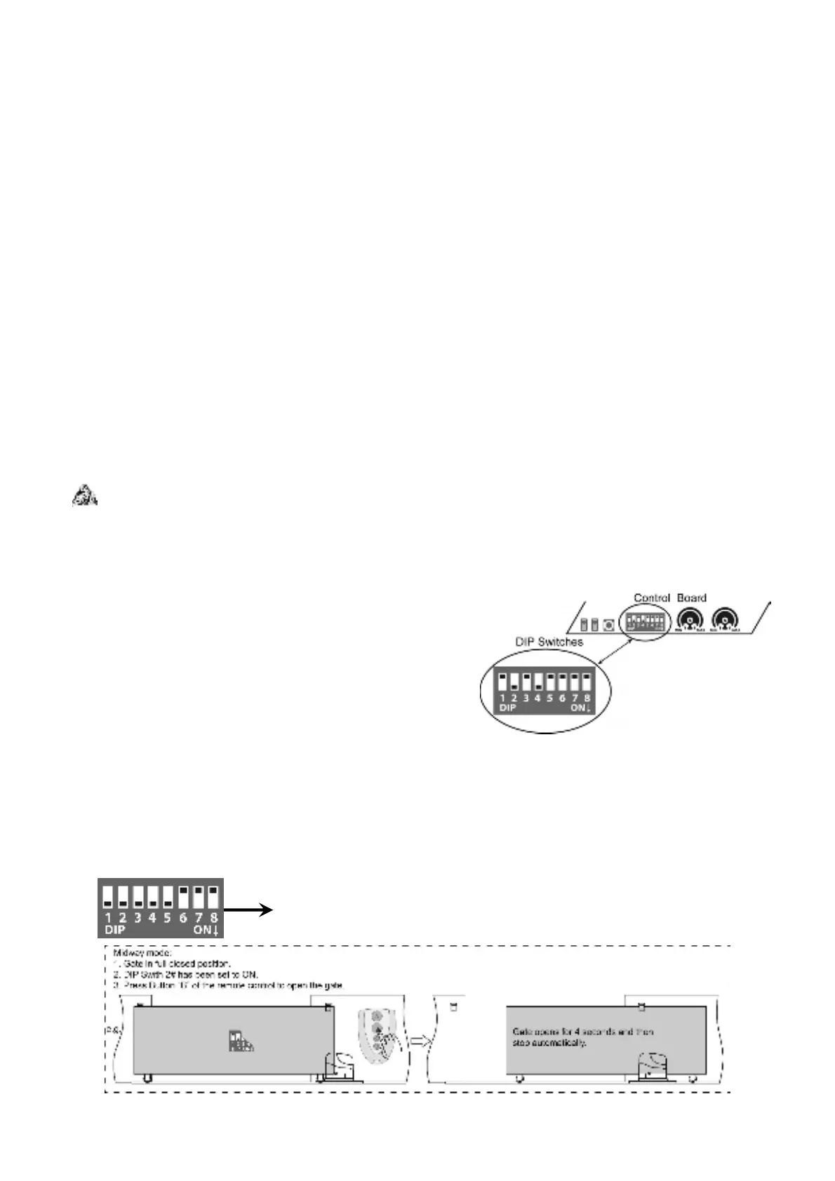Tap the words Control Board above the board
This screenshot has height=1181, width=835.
click(x=669, y=598)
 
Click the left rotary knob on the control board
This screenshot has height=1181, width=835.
click(x=691, y=620)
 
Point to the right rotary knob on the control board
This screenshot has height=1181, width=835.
click(x=726, y=620)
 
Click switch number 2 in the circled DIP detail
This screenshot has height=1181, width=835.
click(x=514, y=682)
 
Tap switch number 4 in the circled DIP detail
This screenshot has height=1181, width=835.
click(x=537, y=682)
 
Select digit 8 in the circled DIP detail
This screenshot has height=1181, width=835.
click(x=586, y=699)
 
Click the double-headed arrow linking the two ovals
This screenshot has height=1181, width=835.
click(x=603, y=652)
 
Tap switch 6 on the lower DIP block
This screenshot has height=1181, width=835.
click(x=183, y=896)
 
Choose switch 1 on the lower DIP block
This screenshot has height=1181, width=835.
click(x=108, y=896)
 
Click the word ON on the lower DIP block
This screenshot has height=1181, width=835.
click(x=201, y=930)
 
